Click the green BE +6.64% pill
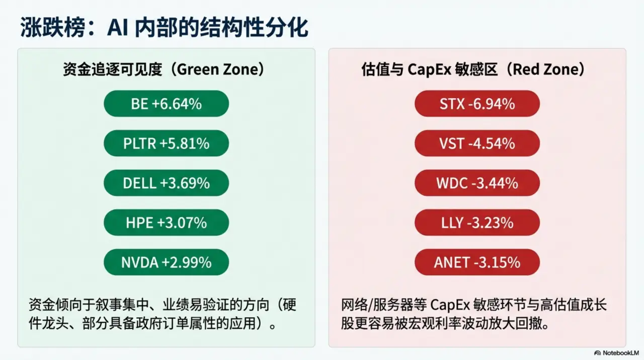(166, 104)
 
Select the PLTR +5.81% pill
(166, 143)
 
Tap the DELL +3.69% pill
(166, 183)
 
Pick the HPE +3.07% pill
(166, 223)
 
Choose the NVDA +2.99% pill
(166, 262)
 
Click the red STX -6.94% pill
(477, 104)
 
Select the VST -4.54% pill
(477, 143)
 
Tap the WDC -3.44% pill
(477, 183)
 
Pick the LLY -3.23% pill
(477, 223)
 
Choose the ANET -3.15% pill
(477, 262)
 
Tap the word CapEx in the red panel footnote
(451, 306)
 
